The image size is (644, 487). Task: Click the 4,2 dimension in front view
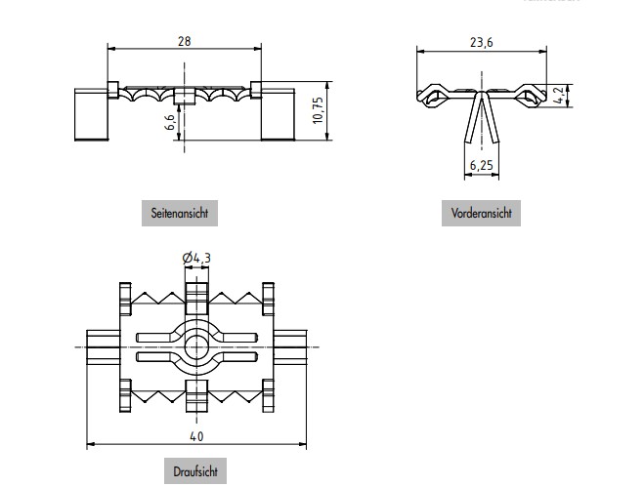557,95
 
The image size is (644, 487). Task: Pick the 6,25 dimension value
481,166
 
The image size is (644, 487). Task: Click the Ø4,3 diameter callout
196,258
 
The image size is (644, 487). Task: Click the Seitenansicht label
179,212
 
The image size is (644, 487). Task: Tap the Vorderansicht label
481,212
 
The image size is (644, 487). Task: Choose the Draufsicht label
193,471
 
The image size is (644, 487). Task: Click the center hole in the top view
197,347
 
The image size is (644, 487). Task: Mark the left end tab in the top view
102,346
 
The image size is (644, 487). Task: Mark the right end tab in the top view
292,346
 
